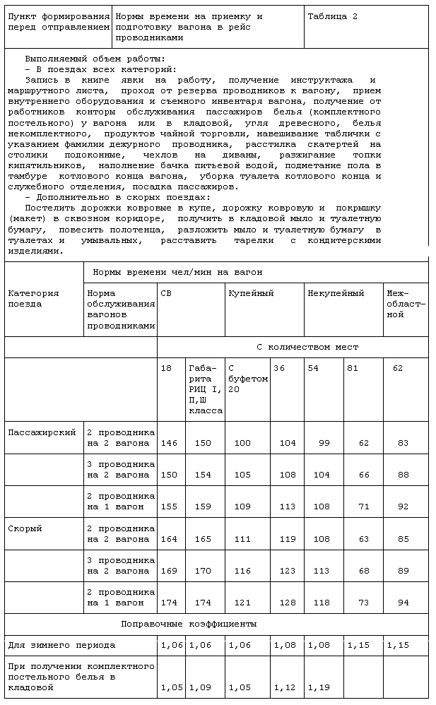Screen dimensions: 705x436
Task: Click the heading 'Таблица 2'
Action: tap(332, 16)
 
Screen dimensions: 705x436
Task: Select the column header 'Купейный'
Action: tap(250, 293)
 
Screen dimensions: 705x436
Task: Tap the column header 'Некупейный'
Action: tap(336, 293)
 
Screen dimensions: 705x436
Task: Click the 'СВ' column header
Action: tap(165, 293)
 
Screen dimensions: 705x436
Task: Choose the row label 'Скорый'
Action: tap(25, 528)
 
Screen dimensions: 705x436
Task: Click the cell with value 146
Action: tap(170, 444)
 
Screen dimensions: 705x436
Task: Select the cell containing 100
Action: tap(242, 444)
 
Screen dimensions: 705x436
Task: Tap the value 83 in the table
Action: tap(403, 444)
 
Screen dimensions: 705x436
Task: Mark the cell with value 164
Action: tap(170, 539)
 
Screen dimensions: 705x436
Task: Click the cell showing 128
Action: tap(288, 603)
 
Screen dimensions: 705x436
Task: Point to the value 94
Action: tap(403, 603)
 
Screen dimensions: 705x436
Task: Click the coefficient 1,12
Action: tap(285, 687)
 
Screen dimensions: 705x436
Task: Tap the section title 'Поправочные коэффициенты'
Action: tap(189, 624)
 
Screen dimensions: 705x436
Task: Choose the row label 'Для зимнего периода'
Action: tap(61, 645)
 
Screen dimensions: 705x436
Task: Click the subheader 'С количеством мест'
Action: tap(307, 347)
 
